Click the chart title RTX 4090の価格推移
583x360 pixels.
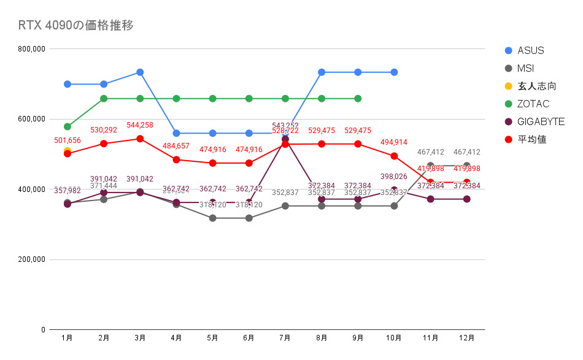[76, 25]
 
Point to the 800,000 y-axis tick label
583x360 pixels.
[31, 48]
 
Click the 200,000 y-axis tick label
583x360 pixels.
[31, 259]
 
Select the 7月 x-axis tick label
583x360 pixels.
[285, 337]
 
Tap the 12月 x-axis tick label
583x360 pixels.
[466, 337]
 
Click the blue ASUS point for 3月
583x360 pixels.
[140, 72]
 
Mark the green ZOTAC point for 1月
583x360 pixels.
[68, 126]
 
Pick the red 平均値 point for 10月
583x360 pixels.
[394, 156]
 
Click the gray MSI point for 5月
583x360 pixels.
[212, 218]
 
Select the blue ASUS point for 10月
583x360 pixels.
[394, 72]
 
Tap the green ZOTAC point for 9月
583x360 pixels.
[358, 98]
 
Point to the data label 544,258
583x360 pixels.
[140, 124]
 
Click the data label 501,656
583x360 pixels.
[68, 140]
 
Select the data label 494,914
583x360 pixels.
[394, 142]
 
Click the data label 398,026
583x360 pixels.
[394, 177]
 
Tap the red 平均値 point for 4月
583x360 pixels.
[176, 159]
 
